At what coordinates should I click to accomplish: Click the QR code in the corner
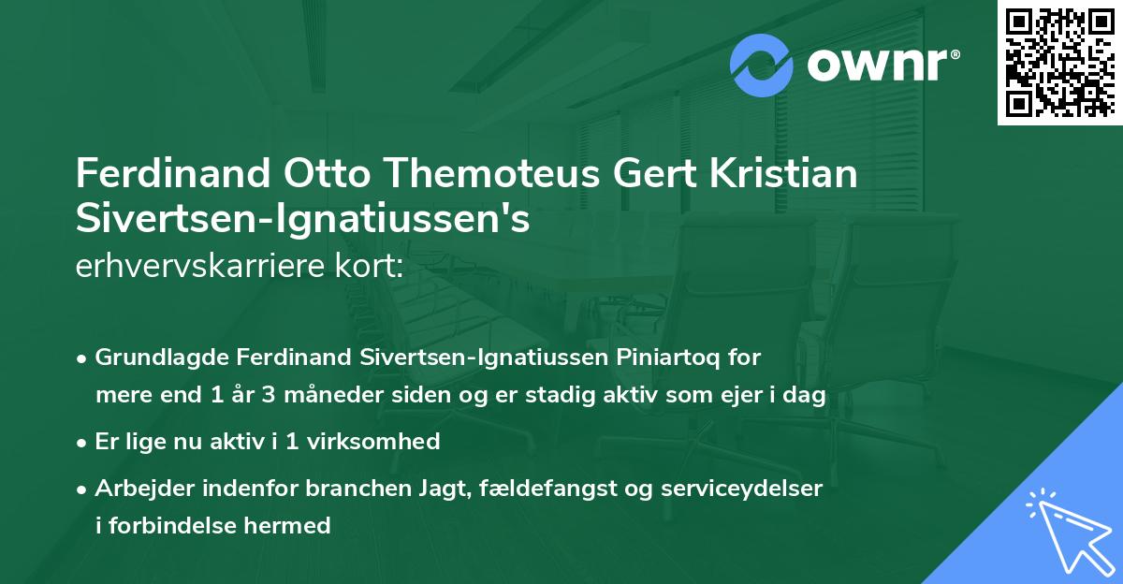click(x=1058, y=63)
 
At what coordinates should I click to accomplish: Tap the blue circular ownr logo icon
click(x=762, y=66)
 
